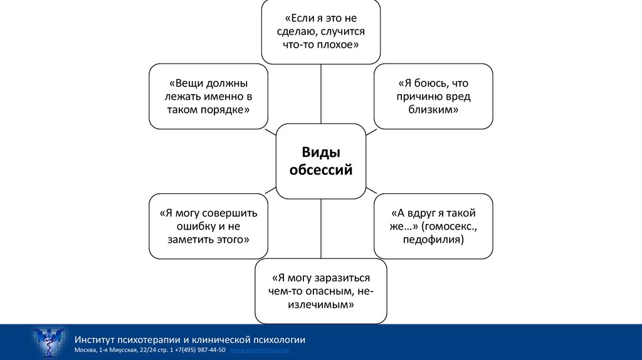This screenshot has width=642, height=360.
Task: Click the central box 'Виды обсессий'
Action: (x=320, y=161)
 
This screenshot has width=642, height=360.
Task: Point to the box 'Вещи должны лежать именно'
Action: (x=208, y=96)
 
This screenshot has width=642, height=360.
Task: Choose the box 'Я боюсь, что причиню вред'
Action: (x=433, y=96)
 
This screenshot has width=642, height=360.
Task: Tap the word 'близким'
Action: (x=433, y=109)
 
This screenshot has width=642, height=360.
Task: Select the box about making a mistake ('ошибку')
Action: (x=208, y=226)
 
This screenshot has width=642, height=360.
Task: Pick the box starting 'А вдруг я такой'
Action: (x=433, y=226)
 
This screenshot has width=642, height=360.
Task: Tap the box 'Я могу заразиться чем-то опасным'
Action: (x=320, y=292)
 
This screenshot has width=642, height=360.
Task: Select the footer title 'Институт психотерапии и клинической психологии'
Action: (x=189, y=339)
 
